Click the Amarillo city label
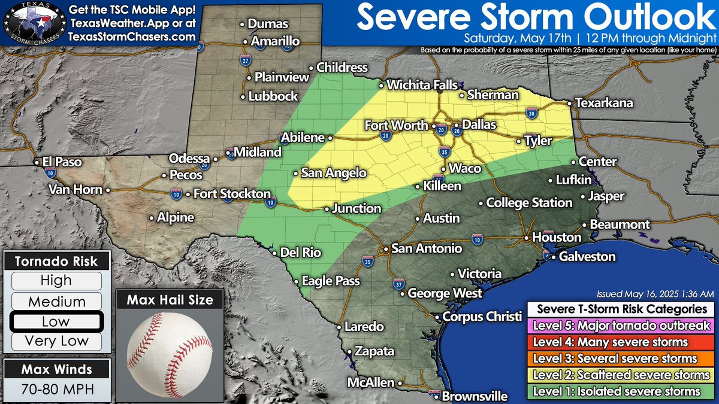[275, 42]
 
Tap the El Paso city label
[62, 162]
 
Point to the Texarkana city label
[603, 104]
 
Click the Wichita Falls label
[422, 85]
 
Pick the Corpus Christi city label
[479, 317]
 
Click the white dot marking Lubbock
[243, 96]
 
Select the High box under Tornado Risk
[56, 280]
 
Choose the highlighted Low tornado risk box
[56, 321]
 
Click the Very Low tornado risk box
[56, 341]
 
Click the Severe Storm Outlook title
[536, 17]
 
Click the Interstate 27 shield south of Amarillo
[246, 60]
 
